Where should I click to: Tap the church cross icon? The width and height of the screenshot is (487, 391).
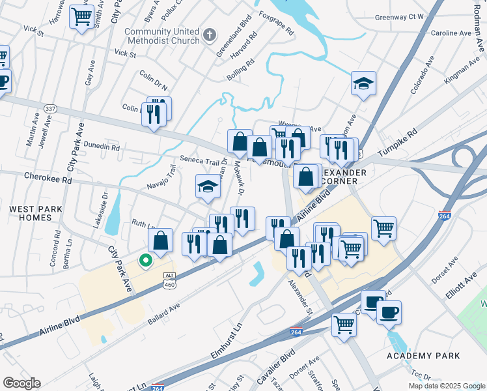(x=209, y=35)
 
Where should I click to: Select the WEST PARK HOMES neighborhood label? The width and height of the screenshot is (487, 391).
(x=31, y=213)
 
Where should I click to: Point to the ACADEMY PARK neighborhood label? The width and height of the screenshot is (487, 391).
(x=423, y=355)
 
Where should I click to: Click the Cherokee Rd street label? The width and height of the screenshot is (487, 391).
(x=48, y=176)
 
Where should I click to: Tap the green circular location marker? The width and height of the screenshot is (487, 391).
(x=145, y=261)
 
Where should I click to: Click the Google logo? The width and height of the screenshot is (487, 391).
(x=21, y=383)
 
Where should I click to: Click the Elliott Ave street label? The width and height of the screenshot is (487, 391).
(x=462, y=283)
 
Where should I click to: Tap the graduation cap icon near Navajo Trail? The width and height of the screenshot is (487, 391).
(x=208, y=187)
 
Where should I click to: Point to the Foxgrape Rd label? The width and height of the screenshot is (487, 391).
(x=277, y=23)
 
